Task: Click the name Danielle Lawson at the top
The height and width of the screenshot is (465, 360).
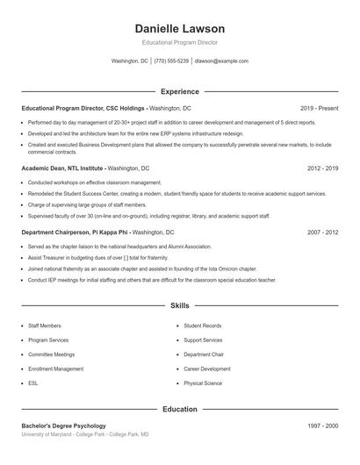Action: [180, 29]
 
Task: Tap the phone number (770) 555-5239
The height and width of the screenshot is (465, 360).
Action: [171, 61]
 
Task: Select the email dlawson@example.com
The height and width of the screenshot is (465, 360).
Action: [221, 61]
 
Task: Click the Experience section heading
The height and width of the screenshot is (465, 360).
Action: [179, 91]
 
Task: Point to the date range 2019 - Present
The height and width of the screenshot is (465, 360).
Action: [319, 108]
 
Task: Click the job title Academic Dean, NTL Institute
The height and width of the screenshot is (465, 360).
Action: [63, 168]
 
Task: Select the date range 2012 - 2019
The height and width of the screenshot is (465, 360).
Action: [322, 168]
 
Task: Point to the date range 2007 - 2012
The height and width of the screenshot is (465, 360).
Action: [322, 232]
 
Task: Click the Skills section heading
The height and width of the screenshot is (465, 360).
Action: [179, 306]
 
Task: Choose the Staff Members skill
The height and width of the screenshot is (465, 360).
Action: [45, 325]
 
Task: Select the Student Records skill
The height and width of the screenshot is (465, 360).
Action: [203, 325]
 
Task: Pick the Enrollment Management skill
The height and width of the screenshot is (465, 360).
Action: [56, 369]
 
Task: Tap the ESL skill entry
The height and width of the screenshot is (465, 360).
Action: [33, 383]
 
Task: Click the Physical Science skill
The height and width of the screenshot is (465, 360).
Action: [204, 383]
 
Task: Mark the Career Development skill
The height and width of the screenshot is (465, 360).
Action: [207, 369]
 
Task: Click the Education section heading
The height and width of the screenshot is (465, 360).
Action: [179, 409]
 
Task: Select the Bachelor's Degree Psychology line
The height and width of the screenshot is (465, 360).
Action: [63, 426]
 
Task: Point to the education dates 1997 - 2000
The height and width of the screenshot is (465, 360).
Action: [322, 426]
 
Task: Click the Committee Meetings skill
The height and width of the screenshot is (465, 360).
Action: [51, 354]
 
